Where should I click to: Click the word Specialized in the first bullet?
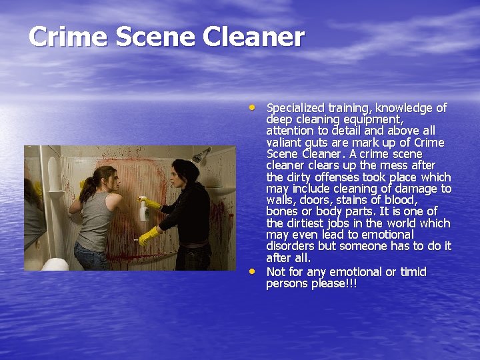click(295, 108)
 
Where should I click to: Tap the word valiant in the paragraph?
click(283, 143)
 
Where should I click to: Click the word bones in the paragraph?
click(282, 211)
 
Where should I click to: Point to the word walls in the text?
click(281, 200)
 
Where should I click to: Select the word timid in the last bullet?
click(411, 272)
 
